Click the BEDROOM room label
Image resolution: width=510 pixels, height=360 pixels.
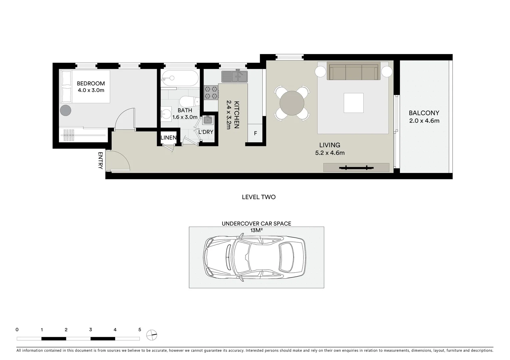[91, 83]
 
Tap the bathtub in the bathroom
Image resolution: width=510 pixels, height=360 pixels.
[180, 78]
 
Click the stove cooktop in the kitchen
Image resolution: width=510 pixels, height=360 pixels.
[211, 93]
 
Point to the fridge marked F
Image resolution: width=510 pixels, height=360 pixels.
[256, 133]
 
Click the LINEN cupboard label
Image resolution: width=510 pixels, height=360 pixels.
[168, 138]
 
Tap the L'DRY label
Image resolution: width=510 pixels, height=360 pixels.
[206, 132]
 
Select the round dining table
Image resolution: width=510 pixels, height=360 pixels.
[292, 103]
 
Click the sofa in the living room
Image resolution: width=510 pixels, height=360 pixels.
[354, 71]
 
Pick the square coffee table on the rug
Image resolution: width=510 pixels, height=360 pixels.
[354, 103]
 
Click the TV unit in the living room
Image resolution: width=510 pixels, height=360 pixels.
[356, 167]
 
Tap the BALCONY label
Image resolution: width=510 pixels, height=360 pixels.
[424, 113]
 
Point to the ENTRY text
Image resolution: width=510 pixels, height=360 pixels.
[100, 160]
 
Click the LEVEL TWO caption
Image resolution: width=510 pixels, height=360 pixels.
[259, 197]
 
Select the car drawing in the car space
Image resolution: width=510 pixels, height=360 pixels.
[254, 257]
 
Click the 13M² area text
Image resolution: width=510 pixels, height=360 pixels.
[256, 230]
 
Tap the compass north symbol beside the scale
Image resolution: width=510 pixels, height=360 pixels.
[151, 335]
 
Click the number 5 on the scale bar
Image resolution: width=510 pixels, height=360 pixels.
[140, 330]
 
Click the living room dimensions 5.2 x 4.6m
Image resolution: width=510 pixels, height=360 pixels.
[330, 153]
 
